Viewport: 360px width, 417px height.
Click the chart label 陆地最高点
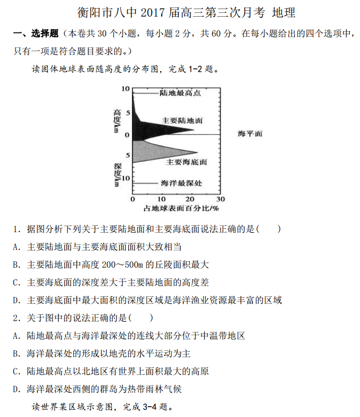click(x=180, y=93)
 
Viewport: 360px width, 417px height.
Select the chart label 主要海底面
click(x=186, y=162)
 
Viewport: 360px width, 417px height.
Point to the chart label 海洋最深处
click(x=182, y=183)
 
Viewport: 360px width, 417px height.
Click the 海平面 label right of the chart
click(x=250, y=134)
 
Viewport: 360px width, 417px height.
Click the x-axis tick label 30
click(x=220, y=199)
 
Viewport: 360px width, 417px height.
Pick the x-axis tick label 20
click(x=191, y=199)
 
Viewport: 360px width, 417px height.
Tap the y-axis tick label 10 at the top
click(x=126, y=89)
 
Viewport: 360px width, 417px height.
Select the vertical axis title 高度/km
click(x=116, y=121)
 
